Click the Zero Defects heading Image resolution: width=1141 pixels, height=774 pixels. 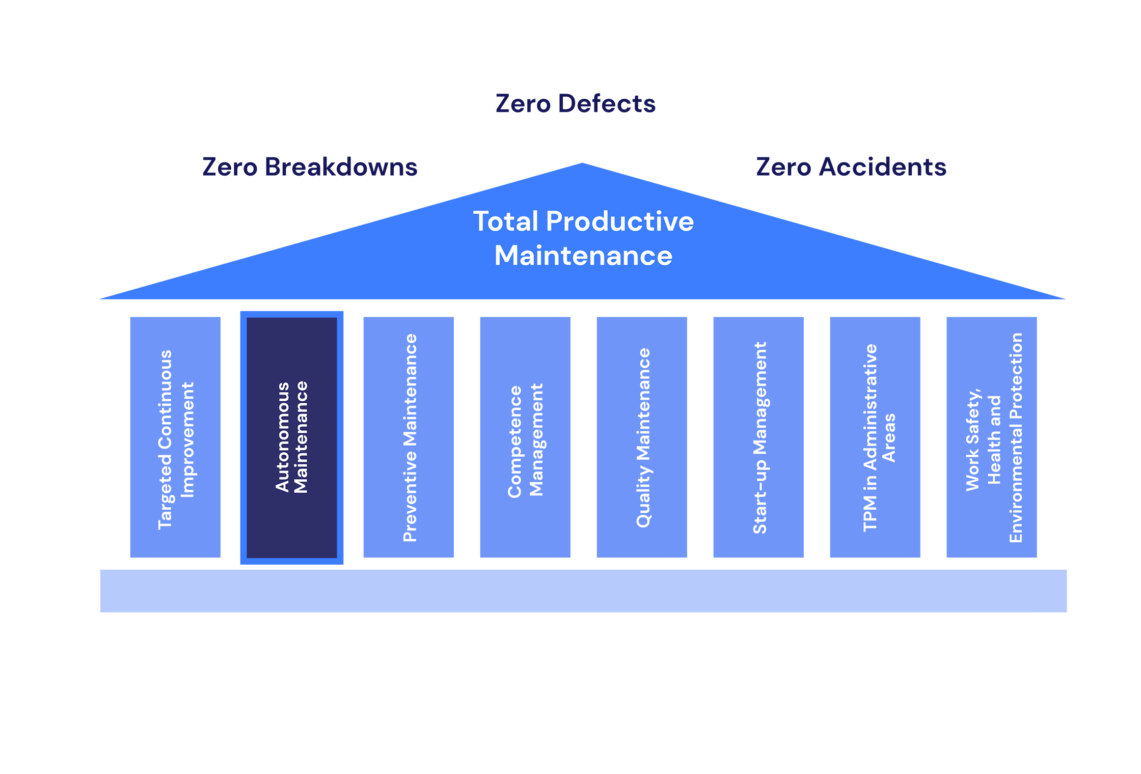(575, 104)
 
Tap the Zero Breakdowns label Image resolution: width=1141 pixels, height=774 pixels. (310, 167)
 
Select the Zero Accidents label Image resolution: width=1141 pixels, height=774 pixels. (851, 167)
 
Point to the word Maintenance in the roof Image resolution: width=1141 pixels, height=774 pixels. (583, 256)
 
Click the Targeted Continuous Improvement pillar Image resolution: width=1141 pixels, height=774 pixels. (175, 438)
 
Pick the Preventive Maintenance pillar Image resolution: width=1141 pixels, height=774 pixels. (409, 438)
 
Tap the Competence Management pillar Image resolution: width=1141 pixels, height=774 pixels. (525, 438)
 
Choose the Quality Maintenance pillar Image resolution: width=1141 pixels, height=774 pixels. (642, 438)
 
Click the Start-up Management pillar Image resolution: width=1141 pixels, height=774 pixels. (758, 438)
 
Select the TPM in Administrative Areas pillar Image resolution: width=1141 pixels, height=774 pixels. (875, 438)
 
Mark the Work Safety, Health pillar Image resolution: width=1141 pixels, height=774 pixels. (991, 438)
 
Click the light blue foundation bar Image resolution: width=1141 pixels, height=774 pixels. (583, 591)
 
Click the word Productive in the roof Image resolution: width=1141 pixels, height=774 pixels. (619, 222)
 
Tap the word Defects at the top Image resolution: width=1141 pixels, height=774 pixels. (606, 104)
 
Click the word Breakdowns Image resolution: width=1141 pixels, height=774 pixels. (341, 167)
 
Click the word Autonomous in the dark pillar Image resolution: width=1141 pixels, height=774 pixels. (283, 437)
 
